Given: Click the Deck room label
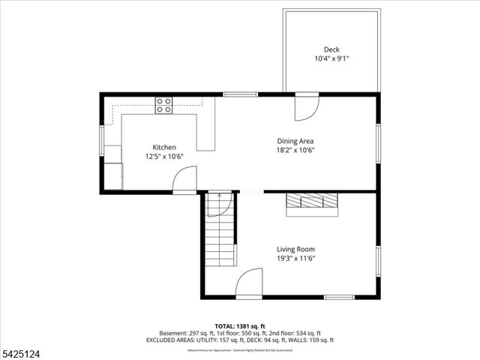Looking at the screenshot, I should click(x=331, y=49).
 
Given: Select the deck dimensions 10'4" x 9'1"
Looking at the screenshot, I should click(x=331, y=58).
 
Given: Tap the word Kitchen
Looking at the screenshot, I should click(x=164, y=148).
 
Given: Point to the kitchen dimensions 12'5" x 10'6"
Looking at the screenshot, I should click(x=164, y=157).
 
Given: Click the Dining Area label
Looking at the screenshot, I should click(x=295, y=141).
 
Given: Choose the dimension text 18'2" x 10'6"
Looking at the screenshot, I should click(x=295, y=149).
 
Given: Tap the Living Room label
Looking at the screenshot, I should click(x=295, y=250).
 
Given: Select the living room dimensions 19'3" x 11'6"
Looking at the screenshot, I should click(x=295, y=259).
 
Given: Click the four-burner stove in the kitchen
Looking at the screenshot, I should click(x=163, y=105).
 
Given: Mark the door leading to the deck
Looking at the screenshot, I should click(x=305, y=108).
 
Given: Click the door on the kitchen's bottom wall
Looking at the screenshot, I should click(x=184, y=180).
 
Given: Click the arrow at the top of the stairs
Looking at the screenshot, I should click(x=219, y=196).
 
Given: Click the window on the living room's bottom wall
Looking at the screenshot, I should click(x=339, y=297).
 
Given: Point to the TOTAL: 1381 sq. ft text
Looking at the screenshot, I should click(x=239, y=326).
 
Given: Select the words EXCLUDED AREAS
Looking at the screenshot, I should click(x=182, y=340).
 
